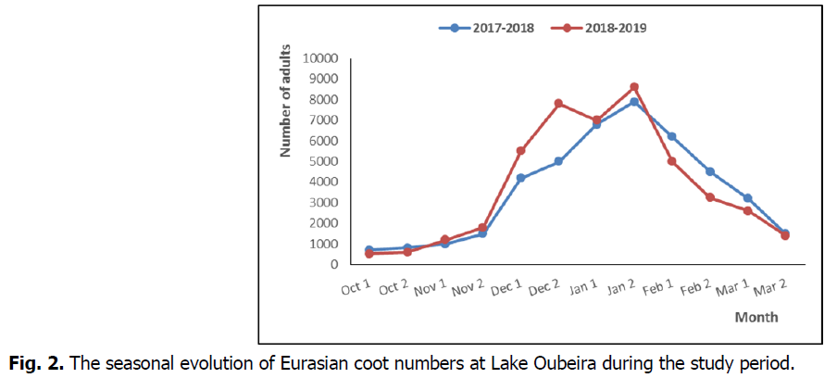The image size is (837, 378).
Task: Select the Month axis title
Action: pyautogui.click(x=756, y=317)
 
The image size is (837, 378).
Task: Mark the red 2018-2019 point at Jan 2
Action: pyautogui.click(x=634, y=87)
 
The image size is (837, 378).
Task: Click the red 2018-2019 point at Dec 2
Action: pyautogui.click(x=558, y=104)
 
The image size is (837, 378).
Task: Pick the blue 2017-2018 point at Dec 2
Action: pyautogui.click(x=558, y=161)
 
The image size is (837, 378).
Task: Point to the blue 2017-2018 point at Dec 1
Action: pyautogui.click(x=521, y=178)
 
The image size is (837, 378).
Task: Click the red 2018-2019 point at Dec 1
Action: pyautogui.click(x=521, y=150)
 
